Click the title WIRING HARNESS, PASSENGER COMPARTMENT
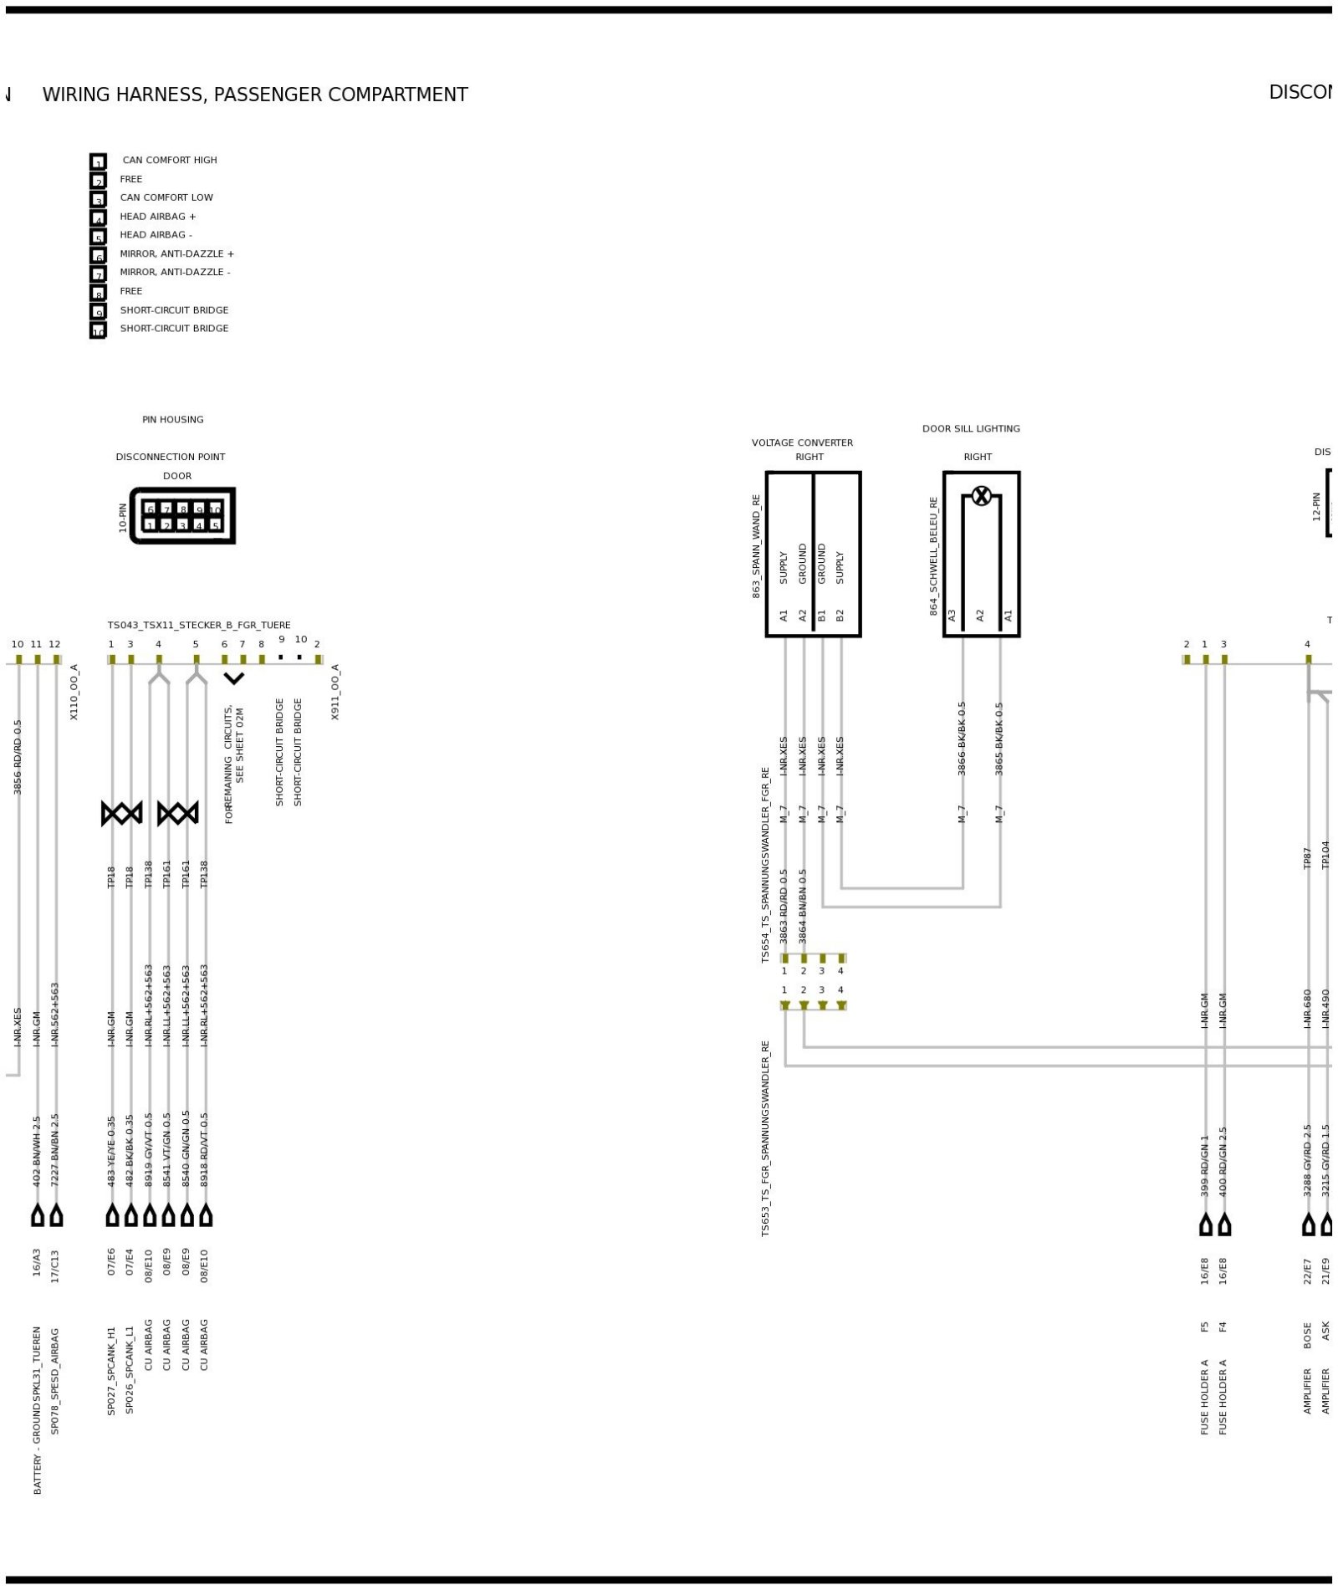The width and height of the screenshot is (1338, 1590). point(255,95)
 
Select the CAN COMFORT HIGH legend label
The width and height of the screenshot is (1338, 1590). point(170,160)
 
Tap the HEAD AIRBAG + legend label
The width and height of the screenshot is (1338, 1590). point(158,216)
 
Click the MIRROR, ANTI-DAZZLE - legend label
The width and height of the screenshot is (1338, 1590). point(175,272)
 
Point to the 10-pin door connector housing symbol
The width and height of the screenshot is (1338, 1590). point(182,516)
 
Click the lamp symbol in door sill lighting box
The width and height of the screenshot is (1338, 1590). point(981,496)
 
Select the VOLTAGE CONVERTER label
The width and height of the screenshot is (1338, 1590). point(802,442)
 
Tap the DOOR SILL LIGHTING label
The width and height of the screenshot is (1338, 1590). point(971,428)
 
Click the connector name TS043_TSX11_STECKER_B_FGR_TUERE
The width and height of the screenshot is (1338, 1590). point(199,625)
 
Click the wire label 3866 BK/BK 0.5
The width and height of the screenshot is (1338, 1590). point(962,738)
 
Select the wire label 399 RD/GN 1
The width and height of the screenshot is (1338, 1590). point(1205,1164)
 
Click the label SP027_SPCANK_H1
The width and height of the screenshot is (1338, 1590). point(111,1370)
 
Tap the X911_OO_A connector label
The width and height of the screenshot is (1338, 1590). point(335,692)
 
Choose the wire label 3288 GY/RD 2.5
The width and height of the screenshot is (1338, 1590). point(1308,1159)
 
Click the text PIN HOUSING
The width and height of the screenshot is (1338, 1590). point(173,420)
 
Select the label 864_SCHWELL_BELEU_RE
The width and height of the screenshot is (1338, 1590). point(933,555)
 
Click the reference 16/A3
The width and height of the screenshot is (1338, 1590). point(37,1262)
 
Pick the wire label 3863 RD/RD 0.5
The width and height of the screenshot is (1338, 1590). point(784,906)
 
